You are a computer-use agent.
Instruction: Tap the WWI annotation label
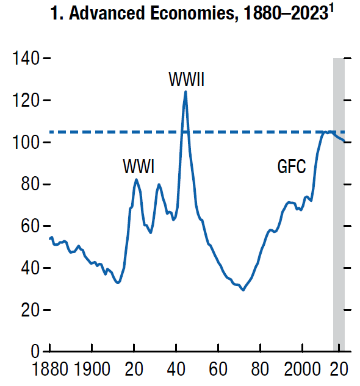click(139, 166)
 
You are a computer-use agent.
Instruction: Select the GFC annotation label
click(291, 166)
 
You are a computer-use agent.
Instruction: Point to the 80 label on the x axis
click(261, 370)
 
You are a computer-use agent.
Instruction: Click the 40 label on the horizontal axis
click(176, 370)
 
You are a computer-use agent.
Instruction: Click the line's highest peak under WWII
click(185, 91)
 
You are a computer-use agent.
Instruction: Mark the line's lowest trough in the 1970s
click(243, 290)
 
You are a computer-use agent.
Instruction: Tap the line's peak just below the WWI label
click(135, 179)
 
